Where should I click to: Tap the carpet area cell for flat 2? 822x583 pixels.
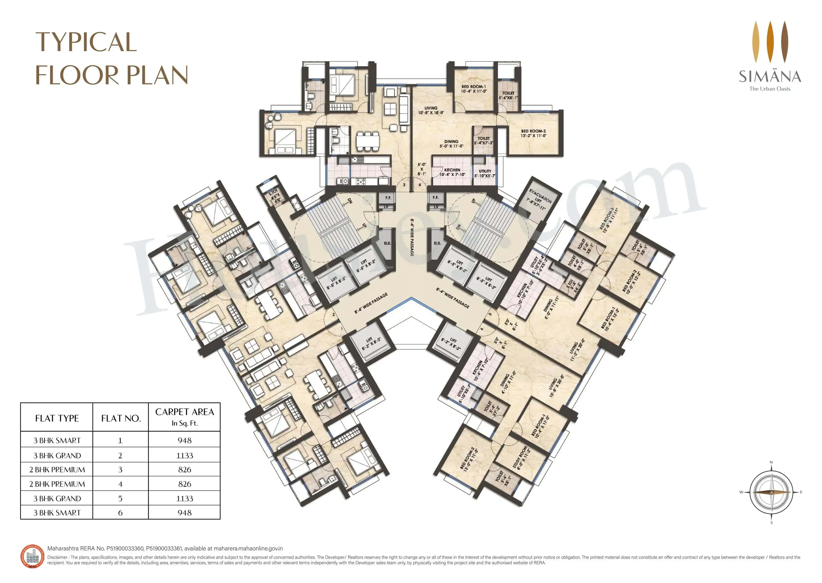pyautogui.click(x=185, y=455)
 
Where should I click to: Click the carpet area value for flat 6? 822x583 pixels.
pyautogui.click(x=185, y=513)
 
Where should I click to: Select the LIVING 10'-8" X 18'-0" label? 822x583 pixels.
pyautogui.click(x=431, y=110)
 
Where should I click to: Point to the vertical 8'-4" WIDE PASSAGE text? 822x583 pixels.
pyautogui.click(x=412, y=237)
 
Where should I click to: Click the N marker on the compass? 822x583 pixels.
pyautogui.click(x=771, y=462)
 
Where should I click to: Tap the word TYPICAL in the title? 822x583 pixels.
pyautogui.click(x=86, y=42)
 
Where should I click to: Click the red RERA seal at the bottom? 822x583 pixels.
pyautogui.click(x=32, y=556)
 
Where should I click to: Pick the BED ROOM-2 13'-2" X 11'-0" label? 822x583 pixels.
pyautogui.click(x=533, y=133)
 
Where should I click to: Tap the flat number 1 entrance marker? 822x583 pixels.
pyautogui.click(x=341, y=328)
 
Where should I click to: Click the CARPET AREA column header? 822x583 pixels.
pyautogui.click(x=185, y=416)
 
